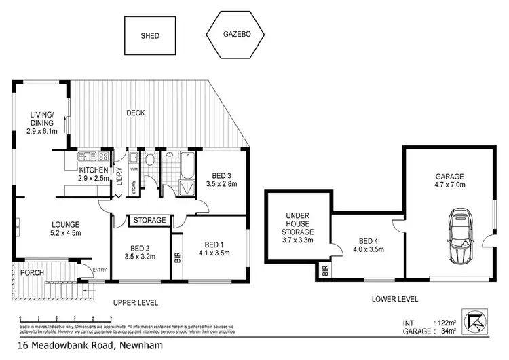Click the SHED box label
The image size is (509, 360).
pos(150,36)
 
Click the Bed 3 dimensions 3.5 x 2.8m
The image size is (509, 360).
pos(221,183)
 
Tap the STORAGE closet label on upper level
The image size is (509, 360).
pos(149,220)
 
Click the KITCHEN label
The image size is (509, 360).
pos(94,170)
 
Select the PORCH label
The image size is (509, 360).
pos(33,273)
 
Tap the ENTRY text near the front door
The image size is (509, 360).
pos(100,270)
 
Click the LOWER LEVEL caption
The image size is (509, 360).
pos(395,299)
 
